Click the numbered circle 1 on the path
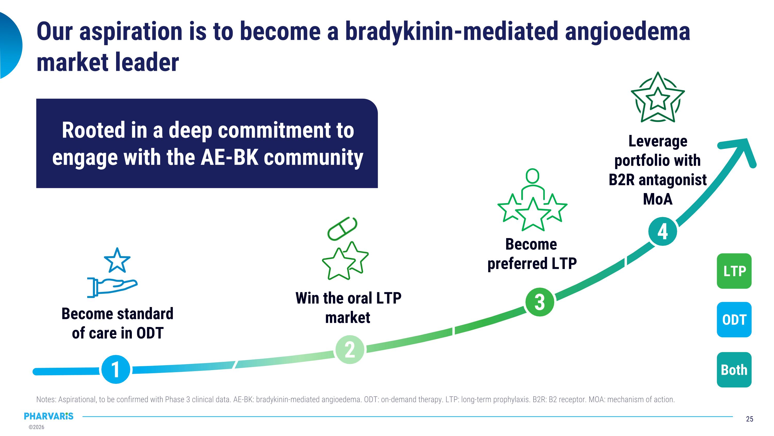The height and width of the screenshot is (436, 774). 116,369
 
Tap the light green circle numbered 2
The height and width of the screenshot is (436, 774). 349,350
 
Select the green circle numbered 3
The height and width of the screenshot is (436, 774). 540,302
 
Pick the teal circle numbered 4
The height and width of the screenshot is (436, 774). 663,231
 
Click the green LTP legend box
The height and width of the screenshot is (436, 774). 734,271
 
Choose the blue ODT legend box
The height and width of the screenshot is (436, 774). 734,319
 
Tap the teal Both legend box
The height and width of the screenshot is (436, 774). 734,370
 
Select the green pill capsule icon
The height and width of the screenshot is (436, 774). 342,228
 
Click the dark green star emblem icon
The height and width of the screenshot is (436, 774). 657,98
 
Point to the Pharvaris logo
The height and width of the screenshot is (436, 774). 49,416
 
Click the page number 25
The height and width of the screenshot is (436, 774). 749,419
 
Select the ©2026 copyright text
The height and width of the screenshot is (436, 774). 36,427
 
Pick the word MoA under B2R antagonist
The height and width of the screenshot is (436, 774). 657,199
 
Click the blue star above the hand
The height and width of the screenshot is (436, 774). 117,260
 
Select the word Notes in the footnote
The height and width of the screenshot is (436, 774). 46,400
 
